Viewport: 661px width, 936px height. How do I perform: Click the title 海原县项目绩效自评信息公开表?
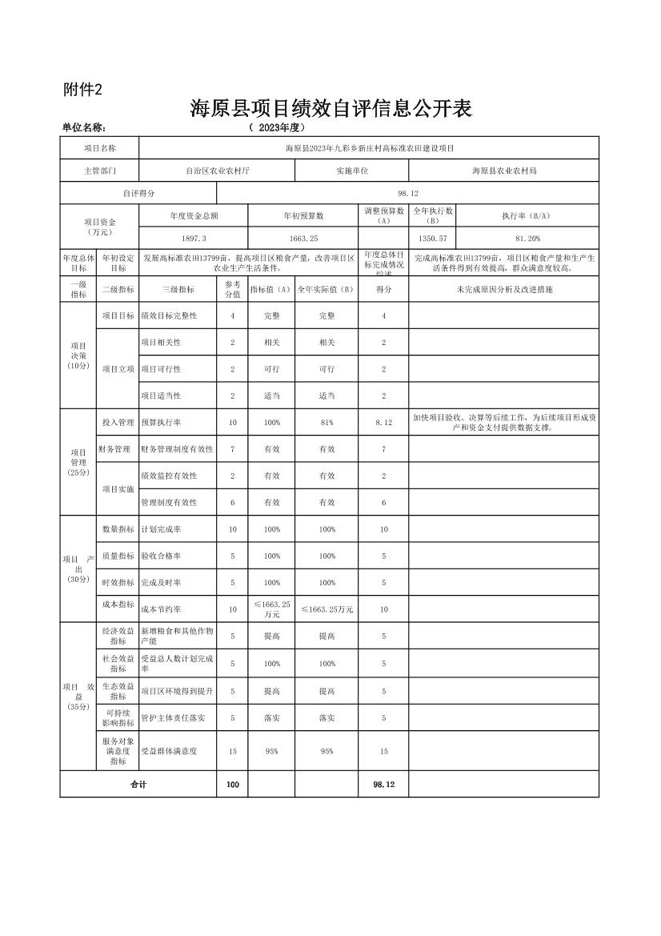coord(330,109)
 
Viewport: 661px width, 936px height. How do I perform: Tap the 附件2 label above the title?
coord(82,90)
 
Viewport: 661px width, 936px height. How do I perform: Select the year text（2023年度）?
coord(277,127)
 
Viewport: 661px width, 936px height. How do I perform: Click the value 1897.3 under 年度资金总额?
coord(194,239)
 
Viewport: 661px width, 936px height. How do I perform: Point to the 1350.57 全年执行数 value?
coord(433,239)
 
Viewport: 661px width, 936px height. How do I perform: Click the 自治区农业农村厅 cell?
coord(217,171)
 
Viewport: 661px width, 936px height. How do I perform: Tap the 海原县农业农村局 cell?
coord(503,171)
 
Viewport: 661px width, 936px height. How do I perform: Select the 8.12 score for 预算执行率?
coord(383,422)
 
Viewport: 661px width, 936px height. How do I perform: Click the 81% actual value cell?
coord(326,422)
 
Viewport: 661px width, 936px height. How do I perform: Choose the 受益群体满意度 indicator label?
coord(169,752)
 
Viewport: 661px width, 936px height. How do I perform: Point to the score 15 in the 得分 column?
coord(383,752)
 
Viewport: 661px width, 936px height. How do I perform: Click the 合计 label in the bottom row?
coord(138,785)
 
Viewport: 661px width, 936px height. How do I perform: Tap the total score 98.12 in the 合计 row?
coord(383,785)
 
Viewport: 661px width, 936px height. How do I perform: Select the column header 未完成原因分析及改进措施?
coord(503,289)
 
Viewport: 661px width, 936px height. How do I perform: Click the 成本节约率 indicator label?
coord(161,609)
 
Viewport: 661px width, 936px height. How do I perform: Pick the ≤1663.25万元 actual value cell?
coord(326,609)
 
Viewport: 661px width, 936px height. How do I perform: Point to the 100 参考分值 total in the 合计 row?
coord(232,785)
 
